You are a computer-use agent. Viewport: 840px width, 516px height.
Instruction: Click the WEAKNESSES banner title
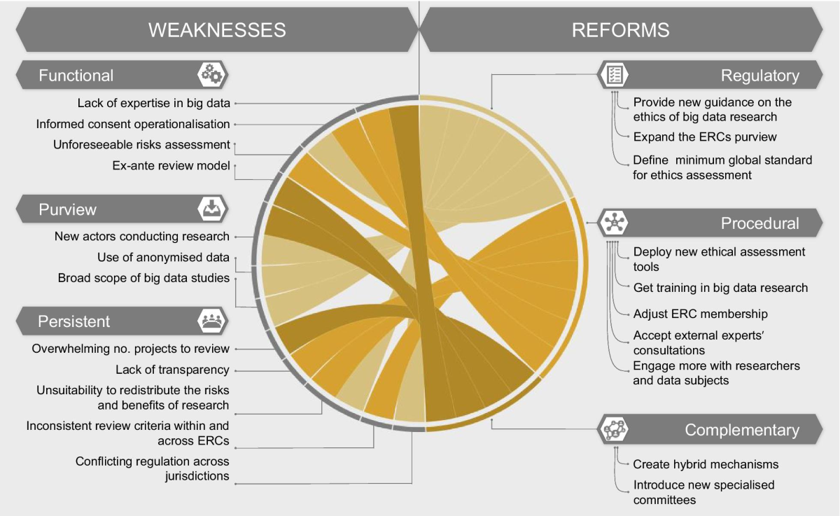[217, 30]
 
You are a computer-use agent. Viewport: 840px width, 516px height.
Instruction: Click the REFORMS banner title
[621, 30]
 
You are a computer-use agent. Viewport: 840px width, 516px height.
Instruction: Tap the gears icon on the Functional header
[212, 74]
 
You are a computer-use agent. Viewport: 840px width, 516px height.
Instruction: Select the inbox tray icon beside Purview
[212, 209]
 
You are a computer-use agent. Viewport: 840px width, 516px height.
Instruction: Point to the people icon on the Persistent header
[212, 321]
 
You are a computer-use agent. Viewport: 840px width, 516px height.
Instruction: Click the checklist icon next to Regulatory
[614, 75]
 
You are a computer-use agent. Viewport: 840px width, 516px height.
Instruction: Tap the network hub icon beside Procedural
[614, 223]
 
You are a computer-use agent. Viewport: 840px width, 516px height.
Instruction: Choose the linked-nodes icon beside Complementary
[614, 428]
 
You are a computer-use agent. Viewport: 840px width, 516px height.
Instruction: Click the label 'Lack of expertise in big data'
[154, 103]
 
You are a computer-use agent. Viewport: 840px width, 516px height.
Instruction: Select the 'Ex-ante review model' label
[171, 165]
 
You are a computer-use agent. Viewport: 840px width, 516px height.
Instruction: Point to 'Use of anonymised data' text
[163, 257]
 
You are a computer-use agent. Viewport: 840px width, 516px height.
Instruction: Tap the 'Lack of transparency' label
[172, 370]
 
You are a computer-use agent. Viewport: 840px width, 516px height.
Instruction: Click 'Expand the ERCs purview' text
[705, 137]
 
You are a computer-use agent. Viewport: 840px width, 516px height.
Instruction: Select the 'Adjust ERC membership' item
[700, 314]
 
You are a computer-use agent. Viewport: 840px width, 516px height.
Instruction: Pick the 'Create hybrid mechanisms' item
[706, 464]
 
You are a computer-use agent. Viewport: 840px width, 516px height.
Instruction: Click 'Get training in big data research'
[720, 288]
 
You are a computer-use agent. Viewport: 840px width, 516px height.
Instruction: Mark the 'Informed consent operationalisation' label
[133, 124]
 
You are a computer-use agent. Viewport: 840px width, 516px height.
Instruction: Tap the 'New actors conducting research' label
[141, 236]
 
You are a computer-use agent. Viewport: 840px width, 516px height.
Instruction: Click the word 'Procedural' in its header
[759, 223]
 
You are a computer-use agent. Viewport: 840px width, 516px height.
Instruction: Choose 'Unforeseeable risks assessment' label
[141, 145]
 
